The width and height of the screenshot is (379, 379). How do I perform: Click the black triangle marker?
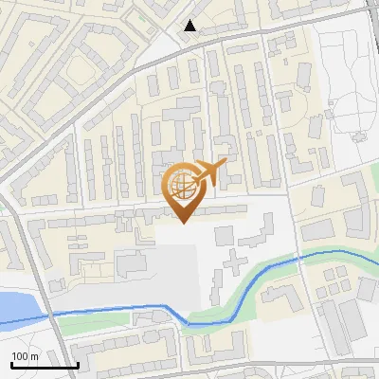tap(190, 26)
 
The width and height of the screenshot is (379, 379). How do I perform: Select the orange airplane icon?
tap(211, 171)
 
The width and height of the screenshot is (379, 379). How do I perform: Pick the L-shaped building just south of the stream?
tap(275, 296)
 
